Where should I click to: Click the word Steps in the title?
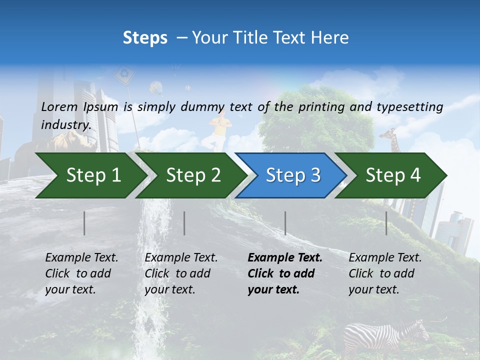click(x=145, y=38)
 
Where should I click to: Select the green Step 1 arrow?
click(x=93, y=175)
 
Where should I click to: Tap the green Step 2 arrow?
click(x=193, y=175)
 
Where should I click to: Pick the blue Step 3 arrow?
click(x=293, y=175)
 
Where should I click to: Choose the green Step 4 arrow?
click(x=393, y=175)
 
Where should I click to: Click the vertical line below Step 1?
click(x=84, y=223)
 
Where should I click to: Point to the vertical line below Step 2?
click(x=184, y=223)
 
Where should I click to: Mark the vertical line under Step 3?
click(x=285, y=223)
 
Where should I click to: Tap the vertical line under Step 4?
click(x=386, y=223)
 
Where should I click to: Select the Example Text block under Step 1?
click(x=81, y=273)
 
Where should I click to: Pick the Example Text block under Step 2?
click(x=181, y=273)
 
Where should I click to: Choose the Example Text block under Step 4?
click(x=385, y=273)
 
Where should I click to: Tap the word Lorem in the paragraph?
click(x=59, y=106)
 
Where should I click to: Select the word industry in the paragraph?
click(x=65, y=125)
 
